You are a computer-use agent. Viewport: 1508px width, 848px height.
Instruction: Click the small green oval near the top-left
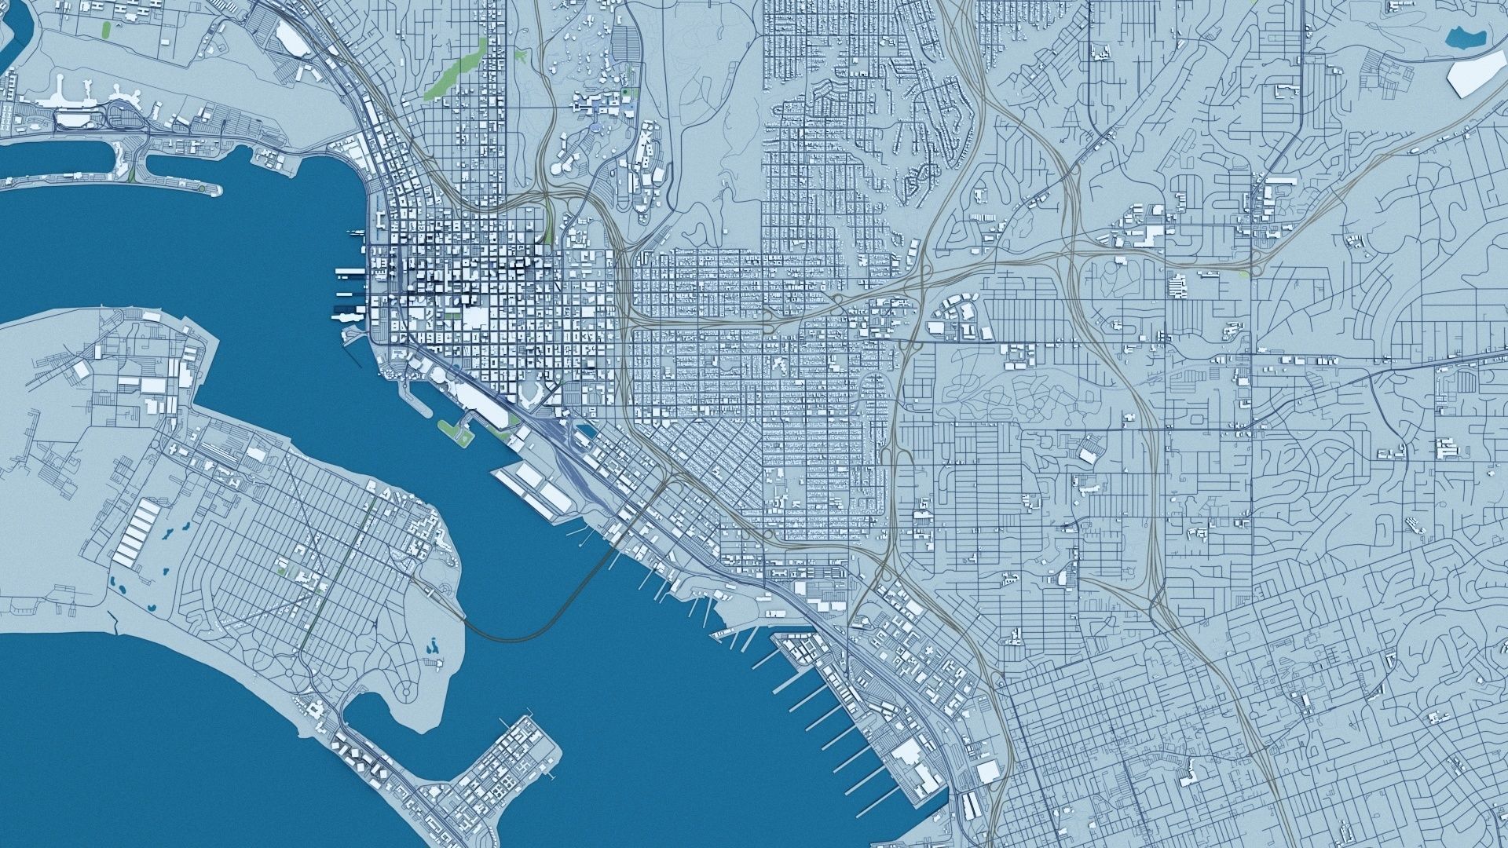pos(106,30)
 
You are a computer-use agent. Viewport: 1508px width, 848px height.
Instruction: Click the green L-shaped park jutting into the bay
pos(456,429)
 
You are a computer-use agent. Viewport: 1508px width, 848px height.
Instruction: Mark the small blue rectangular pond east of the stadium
pos(585,429)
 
